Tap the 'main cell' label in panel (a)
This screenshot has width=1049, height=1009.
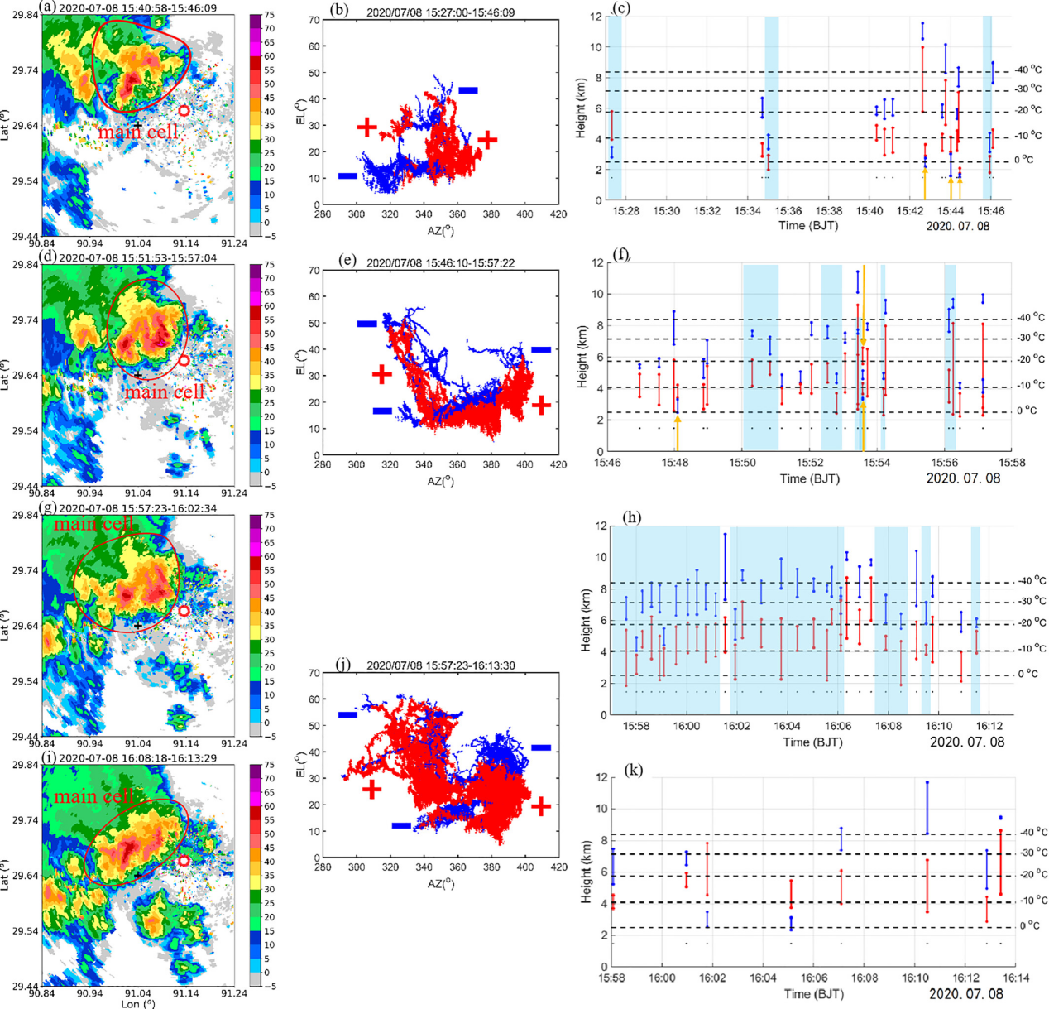[x=138, y=132]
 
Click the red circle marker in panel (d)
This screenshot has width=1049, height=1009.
[x=184, y=361]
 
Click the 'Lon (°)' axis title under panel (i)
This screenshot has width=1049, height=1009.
[x=137, y=1003]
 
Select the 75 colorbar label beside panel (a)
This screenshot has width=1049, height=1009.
[x=270, y=15]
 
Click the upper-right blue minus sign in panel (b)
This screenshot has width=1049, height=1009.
[x=468, y=90]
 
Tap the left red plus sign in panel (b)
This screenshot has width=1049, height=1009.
[x=366, y=127]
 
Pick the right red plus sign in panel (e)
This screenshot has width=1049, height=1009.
[x=541, y=405]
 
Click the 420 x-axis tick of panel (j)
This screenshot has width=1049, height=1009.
[x=558, y=867]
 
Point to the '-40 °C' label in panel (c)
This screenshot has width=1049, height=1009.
[x=1028, y=71]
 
